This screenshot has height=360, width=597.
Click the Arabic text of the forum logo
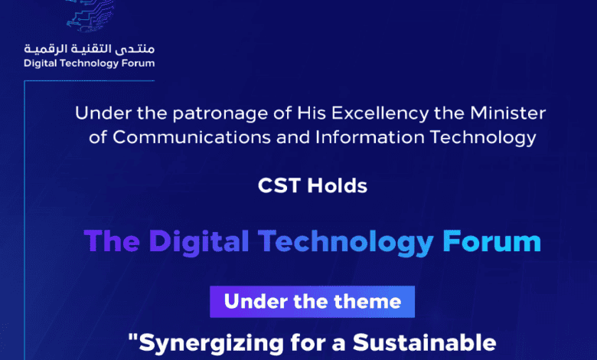[89, 49]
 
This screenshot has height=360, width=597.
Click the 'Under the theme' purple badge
[312, 301]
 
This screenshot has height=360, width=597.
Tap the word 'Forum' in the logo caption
[139, 63]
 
